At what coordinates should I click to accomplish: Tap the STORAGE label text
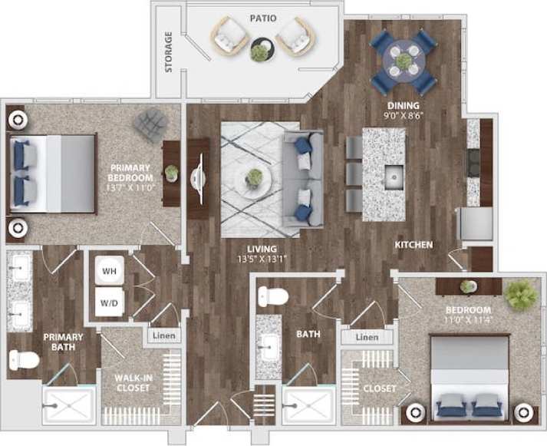(169, 51)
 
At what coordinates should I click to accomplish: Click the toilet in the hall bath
(272, 296)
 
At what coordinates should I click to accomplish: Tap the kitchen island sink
(394, 176)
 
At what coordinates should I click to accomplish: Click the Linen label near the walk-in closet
(163, 335)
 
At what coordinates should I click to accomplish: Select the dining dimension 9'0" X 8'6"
(403, 117)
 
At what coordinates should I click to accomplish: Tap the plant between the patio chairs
(261, 52)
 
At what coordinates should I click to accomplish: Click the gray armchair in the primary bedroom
(150, 123)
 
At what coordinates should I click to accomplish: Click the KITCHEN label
(414, 245)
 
